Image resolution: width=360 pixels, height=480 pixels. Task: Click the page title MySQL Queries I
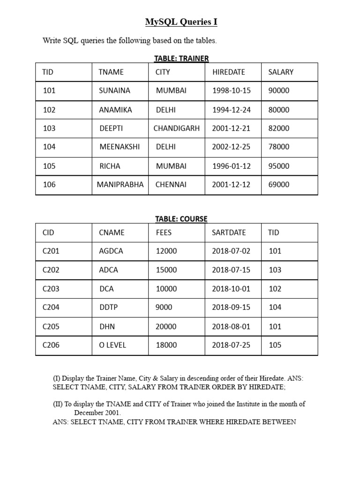click(x=181, y=22)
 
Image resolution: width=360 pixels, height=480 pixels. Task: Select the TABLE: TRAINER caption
click(x=181, y=58)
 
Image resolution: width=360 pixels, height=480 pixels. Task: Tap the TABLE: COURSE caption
click(x=181, y=219)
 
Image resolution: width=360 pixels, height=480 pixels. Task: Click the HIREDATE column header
click(x=229, y=72)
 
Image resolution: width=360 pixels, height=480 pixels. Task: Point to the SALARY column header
click(x=281, y=72)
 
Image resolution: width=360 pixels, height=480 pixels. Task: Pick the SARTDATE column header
click(x=229, y=232)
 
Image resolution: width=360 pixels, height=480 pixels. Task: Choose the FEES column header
click(x=164, y=232)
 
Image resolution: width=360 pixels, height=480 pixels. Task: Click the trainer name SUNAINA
click(x=114, y=90)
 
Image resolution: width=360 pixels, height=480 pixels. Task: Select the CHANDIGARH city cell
click(x=176, y=128)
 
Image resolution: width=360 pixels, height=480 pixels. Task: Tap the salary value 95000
click(x=279, y=166)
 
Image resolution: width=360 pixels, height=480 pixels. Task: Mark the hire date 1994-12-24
click(x=231, y=110)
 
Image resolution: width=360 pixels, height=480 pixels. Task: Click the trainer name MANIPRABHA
click(x=120, y=185)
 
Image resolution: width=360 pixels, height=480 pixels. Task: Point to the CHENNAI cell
click(x=171, y=185)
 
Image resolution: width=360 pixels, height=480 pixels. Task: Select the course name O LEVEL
click(x=112, y=345)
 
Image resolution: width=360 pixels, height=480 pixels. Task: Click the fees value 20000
click(x=166, y=326)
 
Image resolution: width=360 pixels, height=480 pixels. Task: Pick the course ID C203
click(x=51, y=289)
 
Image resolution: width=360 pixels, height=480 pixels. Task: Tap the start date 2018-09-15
click(x=231, y=307)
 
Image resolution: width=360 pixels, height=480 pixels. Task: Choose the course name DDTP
click(x=109, y=307)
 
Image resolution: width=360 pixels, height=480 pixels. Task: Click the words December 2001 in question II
click(x=97, y=413)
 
